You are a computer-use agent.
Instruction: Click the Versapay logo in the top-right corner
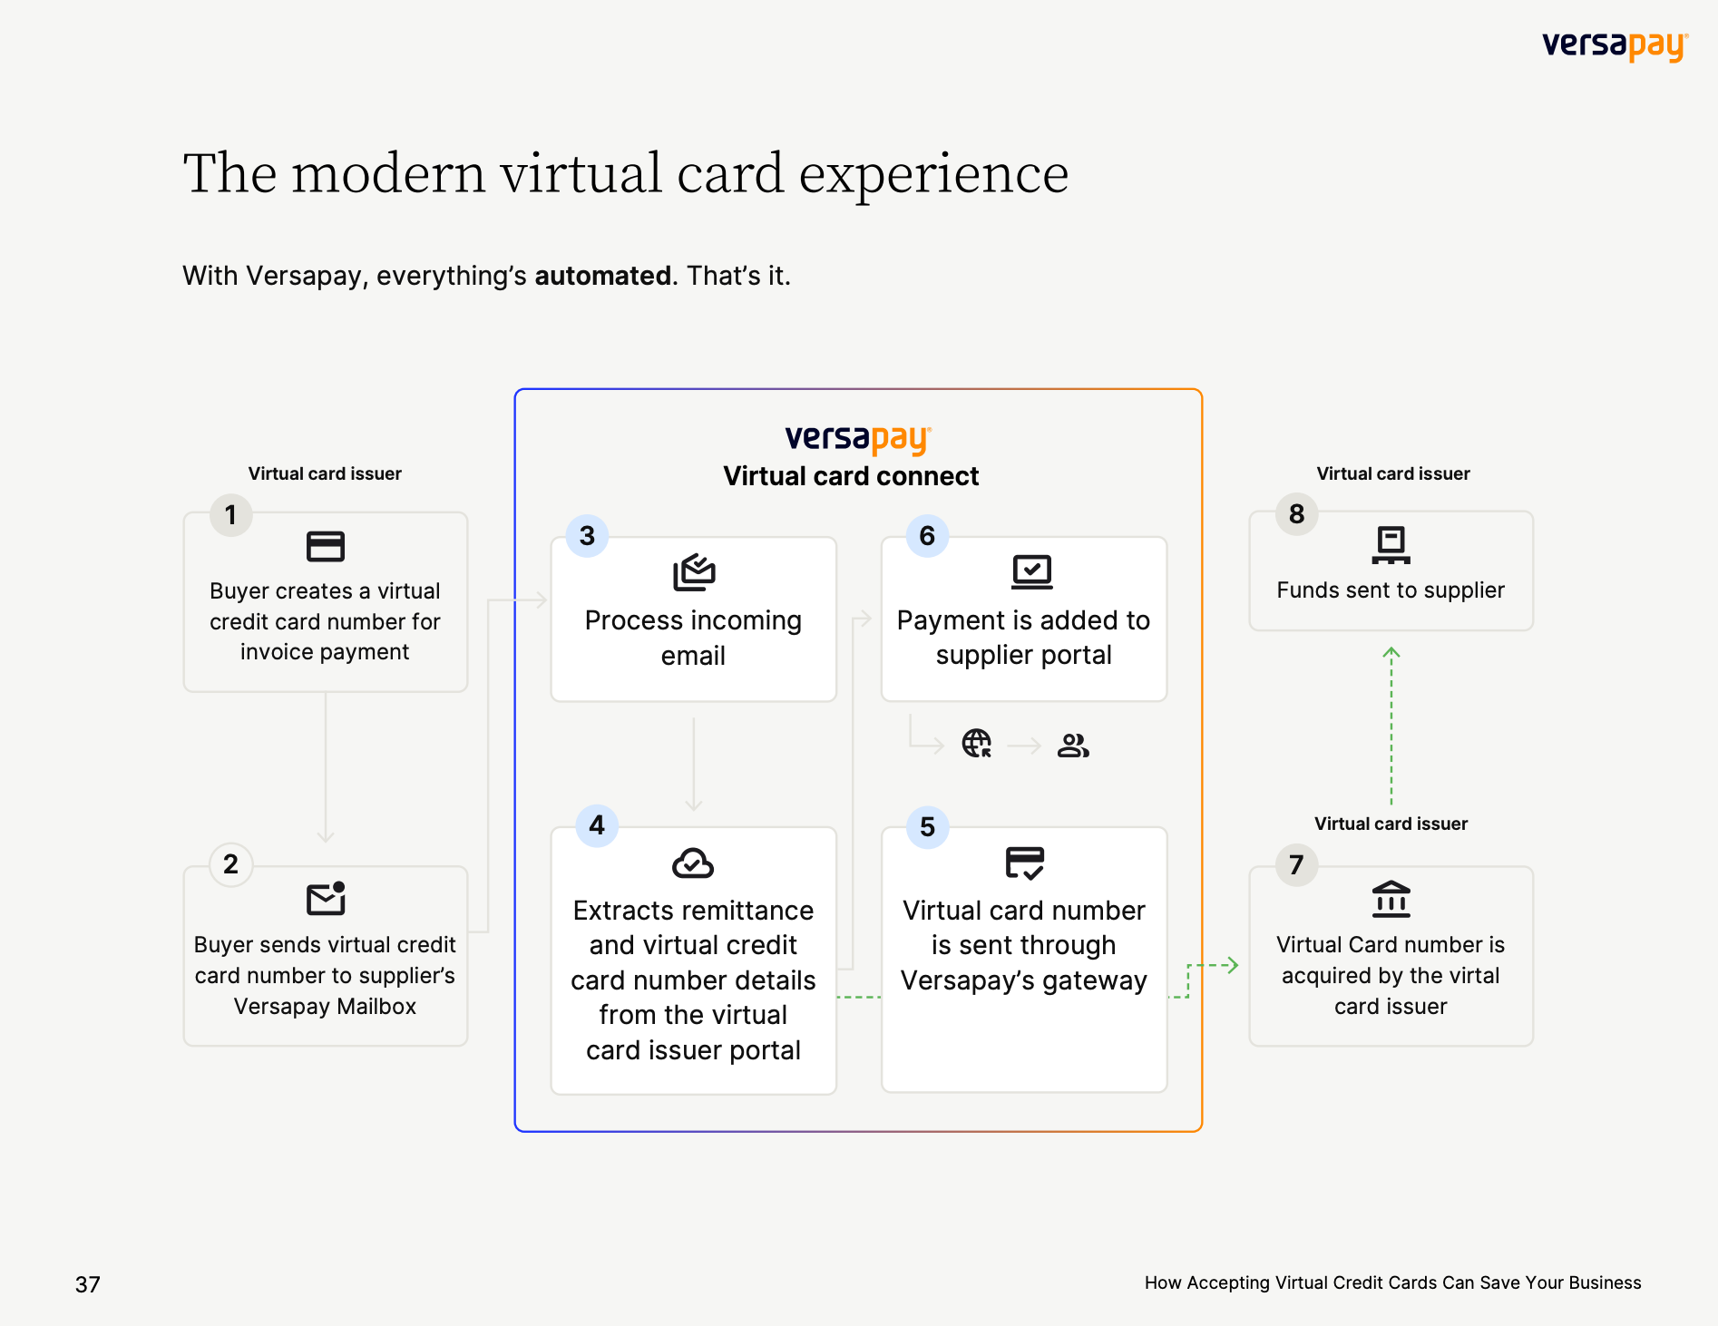[x=1615, y=45]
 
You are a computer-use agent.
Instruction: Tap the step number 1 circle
[x=231, y=515]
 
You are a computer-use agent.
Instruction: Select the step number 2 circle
[x=231, y=864]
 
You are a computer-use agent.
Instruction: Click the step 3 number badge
[x=587, y=535]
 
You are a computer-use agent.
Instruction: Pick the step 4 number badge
[x=597, y=825]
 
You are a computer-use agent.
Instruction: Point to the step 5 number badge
[x=927, y=826]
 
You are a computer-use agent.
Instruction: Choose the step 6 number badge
[x=927, y=535]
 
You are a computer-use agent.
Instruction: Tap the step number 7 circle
[x=1297, y=864]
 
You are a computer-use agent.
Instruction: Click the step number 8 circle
[x=1297, y=513]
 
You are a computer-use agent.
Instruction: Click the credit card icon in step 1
[x=326, y=546]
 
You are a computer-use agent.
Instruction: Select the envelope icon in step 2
[x=326, y=898]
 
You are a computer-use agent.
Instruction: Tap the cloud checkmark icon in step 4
[x=693, y=863]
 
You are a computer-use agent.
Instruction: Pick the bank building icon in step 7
[x=1391, y=899]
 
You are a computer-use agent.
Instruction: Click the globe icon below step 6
[x=977, y=744]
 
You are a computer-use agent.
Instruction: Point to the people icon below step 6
[x=1073, y=745]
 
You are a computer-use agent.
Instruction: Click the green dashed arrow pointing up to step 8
[x=1391, y=726]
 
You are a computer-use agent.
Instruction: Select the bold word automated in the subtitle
[x=603, y=275]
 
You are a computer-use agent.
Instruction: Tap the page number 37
[x=88, y=1284]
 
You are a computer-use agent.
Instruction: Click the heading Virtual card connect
[x=851, y=476]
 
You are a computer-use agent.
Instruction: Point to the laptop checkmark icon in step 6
[x=1032, y=572]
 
